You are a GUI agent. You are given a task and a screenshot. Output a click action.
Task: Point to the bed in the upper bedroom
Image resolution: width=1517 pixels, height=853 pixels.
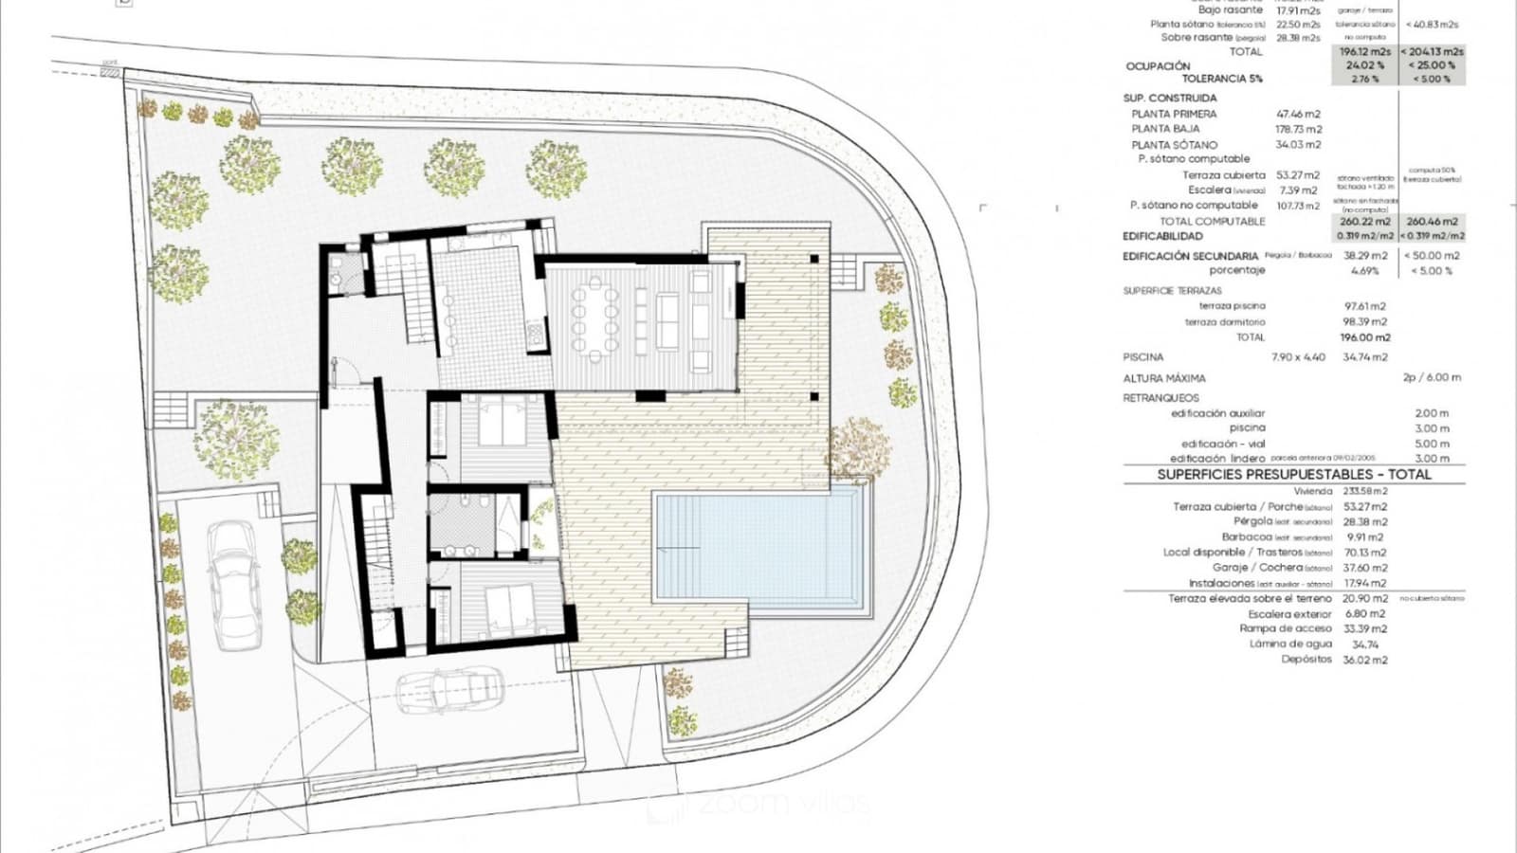(x=502, y=422)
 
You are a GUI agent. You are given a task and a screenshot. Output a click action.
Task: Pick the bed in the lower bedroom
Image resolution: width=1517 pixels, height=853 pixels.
(x=508, y=608)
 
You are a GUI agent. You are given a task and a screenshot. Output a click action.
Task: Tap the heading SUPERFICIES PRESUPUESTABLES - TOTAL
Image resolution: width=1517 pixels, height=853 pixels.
(x=1293, y=474)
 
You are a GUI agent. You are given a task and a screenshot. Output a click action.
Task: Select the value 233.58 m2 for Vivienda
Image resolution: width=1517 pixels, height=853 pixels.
(x=1365, y=491)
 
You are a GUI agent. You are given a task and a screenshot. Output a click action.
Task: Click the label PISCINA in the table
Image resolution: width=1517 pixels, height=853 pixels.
(x=1142, y=357)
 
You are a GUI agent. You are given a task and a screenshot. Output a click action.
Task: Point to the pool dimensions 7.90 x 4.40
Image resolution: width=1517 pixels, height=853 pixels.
(x=1298, y=357)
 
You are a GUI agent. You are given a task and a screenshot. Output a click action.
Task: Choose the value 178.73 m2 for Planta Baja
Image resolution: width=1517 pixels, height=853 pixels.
(x=1299, y=129)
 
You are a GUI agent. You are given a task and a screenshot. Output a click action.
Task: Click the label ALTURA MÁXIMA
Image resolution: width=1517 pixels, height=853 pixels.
(x=1164, y=378)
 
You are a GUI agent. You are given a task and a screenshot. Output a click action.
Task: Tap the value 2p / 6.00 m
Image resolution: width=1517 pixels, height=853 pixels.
(x=1432, y=377)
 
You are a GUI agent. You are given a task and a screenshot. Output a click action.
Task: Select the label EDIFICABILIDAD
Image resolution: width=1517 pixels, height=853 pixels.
(x=1162, y=236)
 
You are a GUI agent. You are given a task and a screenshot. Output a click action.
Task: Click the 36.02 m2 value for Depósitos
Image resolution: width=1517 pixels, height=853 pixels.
(x=1364, y=660)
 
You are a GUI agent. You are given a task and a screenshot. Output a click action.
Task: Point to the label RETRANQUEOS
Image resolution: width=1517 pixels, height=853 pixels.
(x=1161, y=398)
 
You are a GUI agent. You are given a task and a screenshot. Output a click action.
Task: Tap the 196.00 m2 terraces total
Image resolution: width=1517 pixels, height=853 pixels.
(x=1364, y=337)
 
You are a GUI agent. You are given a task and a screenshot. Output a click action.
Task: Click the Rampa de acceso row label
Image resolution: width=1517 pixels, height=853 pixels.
(x=1285, y=628)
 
